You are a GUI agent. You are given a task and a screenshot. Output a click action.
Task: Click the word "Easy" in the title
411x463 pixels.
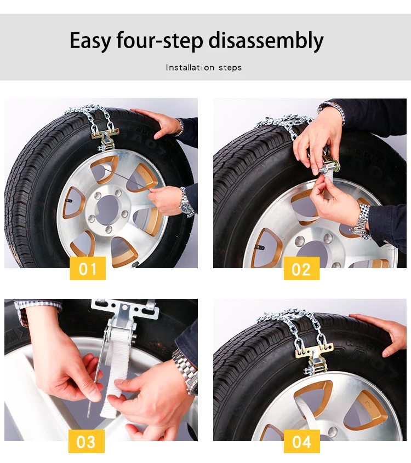[90, 41]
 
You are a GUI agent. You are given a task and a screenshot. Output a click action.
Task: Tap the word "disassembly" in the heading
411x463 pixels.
[266, 41]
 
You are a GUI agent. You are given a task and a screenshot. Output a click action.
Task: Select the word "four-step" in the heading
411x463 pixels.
[159, 41]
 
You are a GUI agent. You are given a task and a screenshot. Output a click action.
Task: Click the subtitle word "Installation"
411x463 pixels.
[190, 68]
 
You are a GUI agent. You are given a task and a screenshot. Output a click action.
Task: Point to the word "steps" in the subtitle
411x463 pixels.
[230, 68]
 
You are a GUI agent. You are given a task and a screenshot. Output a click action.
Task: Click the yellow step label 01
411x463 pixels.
[88, 268]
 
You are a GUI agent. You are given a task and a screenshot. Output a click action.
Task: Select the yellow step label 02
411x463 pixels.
[301, 268]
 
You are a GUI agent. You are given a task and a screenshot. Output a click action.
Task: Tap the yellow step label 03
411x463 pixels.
[87, 441]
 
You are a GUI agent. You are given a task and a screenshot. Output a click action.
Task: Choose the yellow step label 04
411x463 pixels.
[301, 441]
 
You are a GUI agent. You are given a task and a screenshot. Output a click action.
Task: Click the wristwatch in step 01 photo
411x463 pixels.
[186, 204]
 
